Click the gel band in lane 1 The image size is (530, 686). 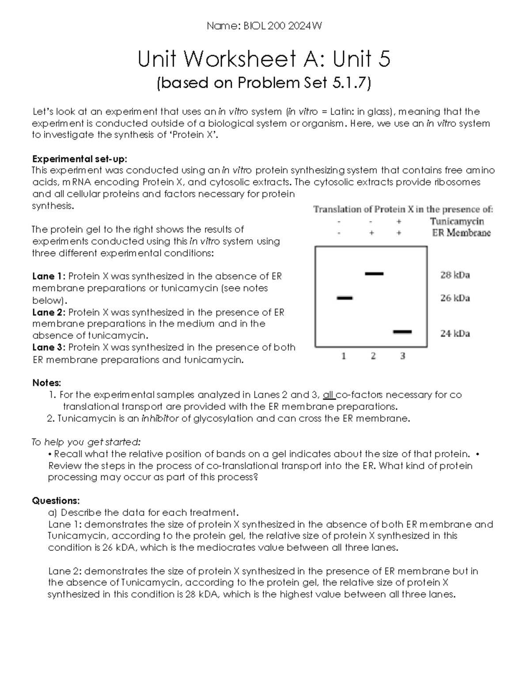coord(344,298)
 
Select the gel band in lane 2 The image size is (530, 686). coord(374,274)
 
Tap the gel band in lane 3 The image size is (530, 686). coord(402,331)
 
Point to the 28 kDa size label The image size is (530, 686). coord(454,275)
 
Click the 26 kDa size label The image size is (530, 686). coord(454,298)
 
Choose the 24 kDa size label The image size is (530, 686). coord(454,334)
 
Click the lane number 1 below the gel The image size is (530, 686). coord(344,356)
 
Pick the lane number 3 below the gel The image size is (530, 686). coord(402,356)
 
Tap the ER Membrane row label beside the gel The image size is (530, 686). coord(461,233)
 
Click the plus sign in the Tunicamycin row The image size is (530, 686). coord(399,221)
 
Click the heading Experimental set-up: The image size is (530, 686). coord(79,159)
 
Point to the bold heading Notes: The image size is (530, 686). coord(46,383)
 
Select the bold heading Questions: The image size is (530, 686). coord(56,500)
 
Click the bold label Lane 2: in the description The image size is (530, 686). coord(49,312)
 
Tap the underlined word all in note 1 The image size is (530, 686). coord(329,394)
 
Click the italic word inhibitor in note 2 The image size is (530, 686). coord(159,418)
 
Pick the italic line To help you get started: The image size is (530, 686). coord(86,442)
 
